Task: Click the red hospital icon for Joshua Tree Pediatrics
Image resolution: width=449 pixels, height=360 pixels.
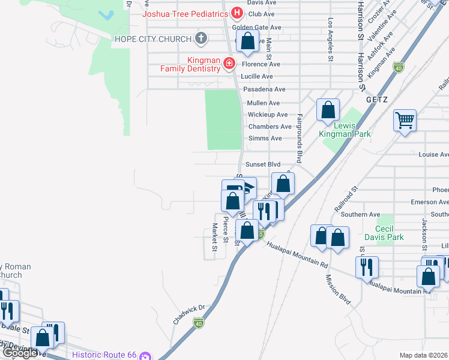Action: coord(237,13)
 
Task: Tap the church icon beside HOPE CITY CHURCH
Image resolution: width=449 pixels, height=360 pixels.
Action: coord(201,39)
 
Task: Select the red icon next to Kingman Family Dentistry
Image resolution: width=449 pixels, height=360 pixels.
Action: coord(229,63)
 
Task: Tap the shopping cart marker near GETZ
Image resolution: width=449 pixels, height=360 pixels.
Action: coord(405,121)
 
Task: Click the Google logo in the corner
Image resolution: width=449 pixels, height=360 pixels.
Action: coord(20,353)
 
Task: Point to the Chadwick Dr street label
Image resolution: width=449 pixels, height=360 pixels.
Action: coord(190,314)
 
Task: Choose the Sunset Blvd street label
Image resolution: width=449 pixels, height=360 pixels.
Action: coord(263,164)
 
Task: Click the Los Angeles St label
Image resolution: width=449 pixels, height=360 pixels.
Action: coord(330,40)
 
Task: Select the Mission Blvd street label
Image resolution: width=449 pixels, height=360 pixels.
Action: coord(337,289)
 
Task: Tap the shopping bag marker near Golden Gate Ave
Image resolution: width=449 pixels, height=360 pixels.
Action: coord(247,42)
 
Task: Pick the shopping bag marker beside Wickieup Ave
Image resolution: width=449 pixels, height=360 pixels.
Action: coord(328,110)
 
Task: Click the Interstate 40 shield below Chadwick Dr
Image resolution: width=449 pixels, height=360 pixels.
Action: coord(198,323)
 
